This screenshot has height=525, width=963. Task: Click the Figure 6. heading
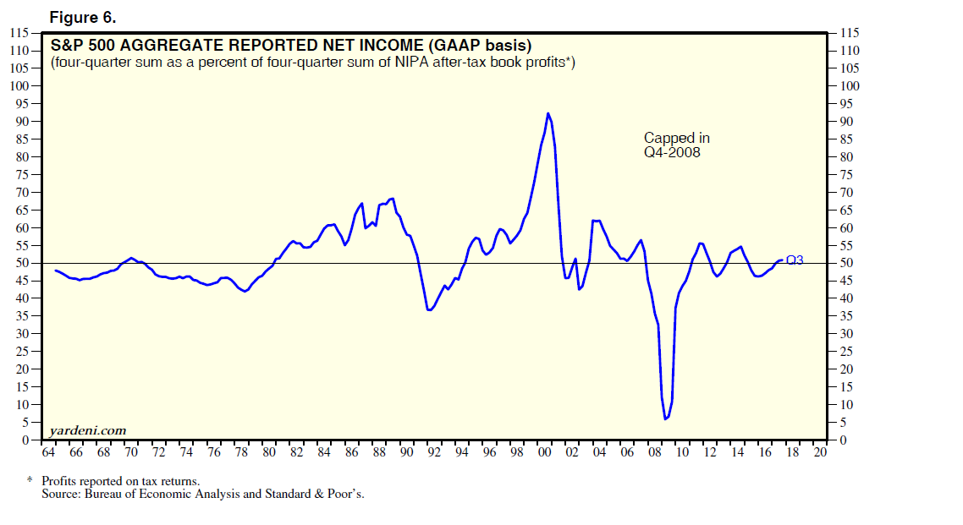[x=84, y=16]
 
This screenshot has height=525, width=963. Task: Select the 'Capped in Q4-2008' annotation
[x=677, y=145]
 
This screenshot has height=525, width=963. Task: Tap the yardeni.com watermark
[x=88, y=430]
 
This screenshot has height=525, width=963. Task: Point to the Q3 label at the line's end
[x=795, y=260]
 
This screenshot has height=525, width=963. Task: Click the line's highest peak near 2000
[x=548, y=113]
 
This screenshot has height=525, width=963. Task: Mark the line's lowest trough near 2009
[x=665, y=418]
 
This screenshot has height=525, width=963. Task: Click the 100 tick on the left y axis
[x=19, y=85]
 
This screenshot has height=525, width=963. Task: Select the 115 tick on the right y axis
[x=849, y=32]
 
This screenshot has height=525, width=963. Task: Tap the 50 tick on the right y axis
[x=845, y=263]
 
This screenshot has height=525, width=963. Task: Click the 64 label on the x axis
[x=47, y=452]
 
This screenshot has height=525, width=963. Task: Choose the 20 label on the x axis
[x=819, y=452]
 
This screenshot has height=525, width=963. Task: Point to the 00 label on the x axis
[x=544, y=452]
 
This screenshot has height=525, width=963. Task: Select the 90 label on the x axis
[x=406, y=452]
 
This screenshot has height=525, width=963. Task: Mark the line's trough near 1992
[x=430, y=310]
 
